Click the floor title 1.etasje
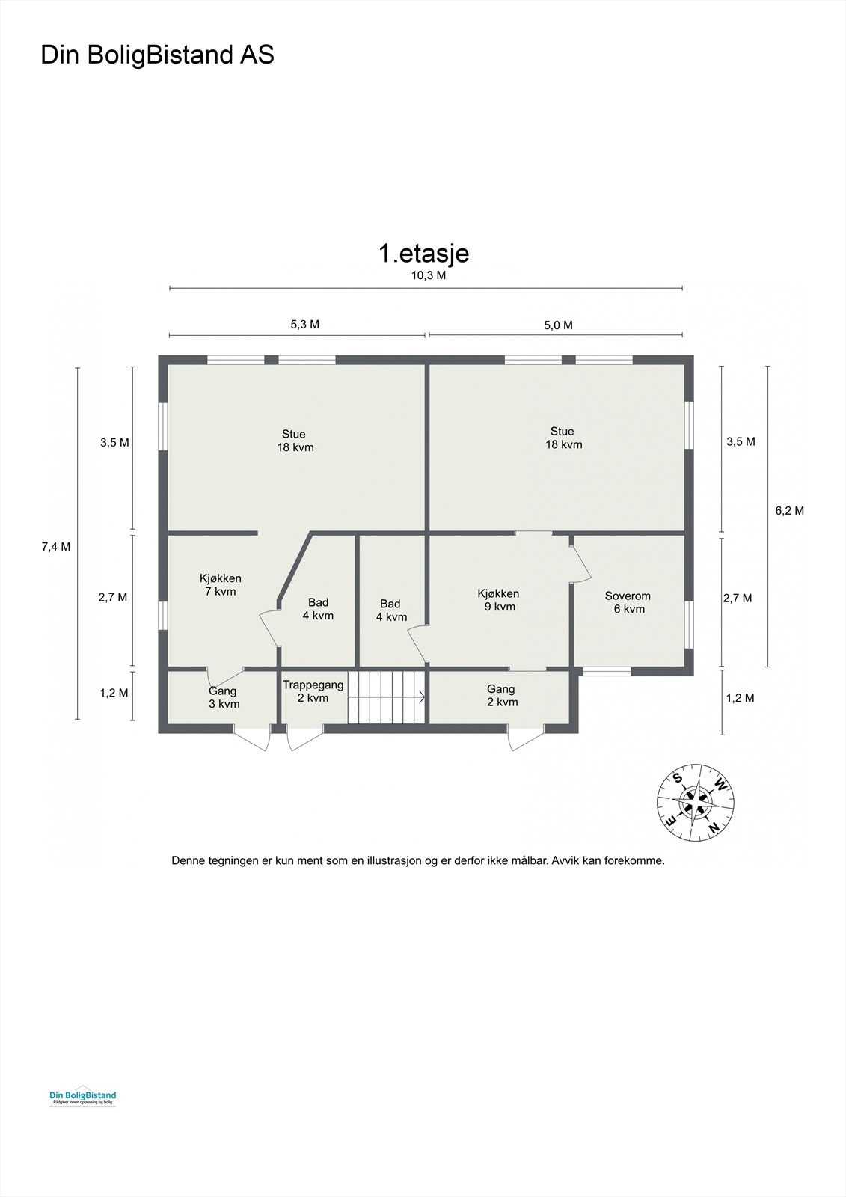click(423, 253)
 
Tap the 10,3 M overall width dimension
click(429, 275)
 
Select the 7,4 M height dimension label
click(55, 546)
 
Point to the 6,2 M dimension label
click(789, 511)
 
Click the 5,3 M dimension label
click(304, 325)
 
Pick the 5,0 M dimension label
click(557, 325)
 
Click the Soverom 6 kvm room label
click(628, 602)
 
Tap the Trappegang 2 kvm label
click(313, 691)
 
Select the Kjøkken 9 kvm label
click(498, 600)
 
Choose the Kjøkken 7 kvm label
click(220, 585)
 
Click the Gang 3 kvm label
click(223, 697)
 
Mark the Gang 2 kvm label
click(501, 696)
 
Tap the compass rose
click(696, 802)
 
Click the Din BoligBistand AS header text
click(157, 55)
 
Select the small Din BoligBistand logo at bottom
click(82, 1097)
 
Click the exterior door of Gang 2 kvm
click(525, 737)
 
